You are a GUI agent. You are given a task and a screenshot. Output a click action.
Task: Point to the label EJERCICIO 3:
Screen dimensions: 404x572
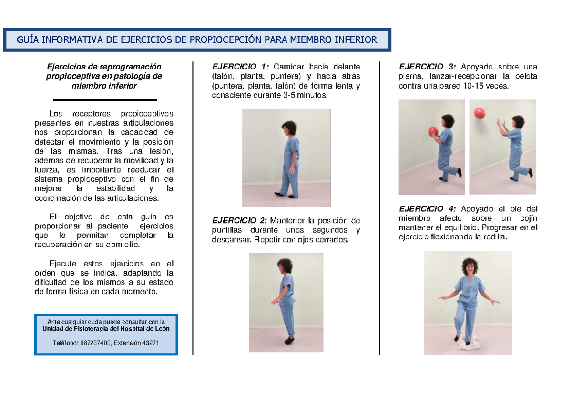click(x=428, y=67)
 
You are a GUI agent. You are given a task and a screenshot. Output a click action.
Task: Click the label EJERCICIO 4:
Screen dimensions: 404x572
click(x=428, y=209)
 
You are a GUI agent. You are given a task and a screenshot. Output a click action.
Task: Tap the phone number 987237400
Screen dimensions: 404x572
click(x=94, y=343)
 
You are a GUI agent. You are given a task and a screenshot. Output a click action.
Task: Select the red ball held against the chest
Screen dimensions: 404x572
click(x=433, y=132)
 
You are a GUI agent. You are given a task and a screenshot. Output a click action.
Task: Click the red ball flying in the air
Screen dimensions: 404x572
click(x=480, y=114)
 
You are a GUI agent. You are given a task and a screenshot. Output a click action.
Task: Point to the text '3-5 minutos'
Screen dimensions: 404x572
click(x=308, y=95)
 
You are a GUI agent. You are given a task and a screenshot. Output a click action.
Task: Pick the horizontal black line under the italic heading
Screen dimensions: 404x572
click(x=105, y=100)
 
